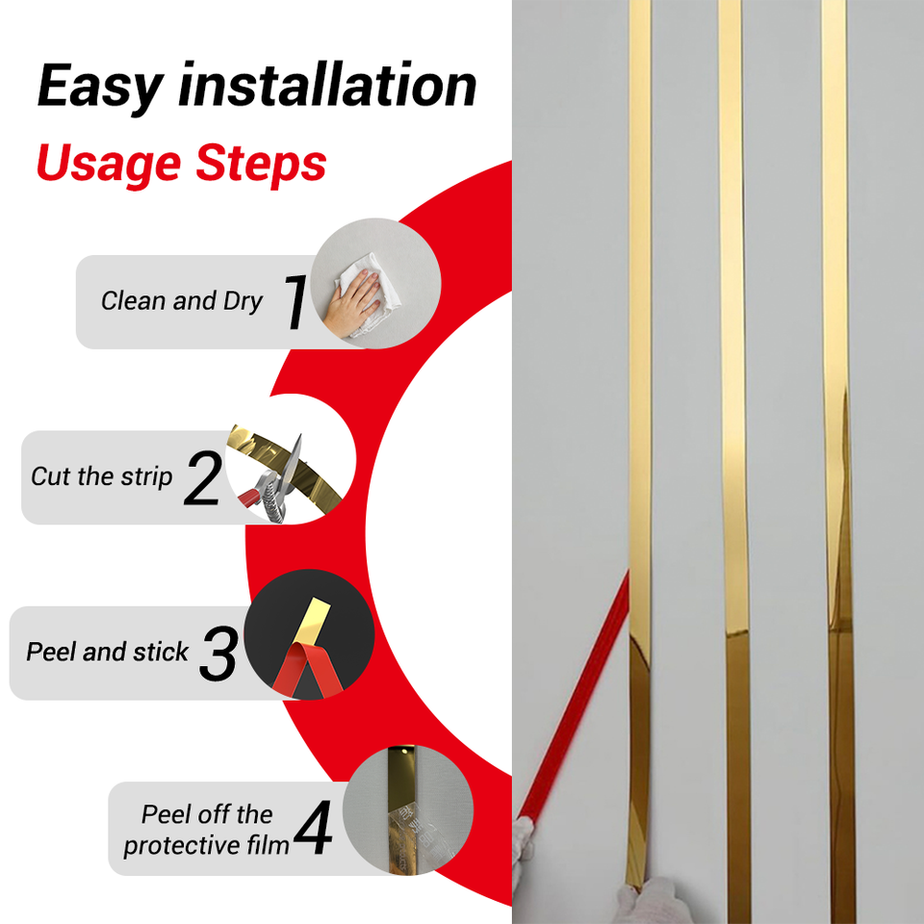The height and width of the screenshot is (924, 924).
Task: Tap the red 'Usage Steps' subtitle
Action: [x=181, y=165]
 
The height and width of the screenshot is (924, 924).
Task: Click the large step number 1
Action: [x=295, y=301]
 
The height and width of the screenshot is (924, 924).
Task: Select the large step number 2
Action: [x=203, y=478]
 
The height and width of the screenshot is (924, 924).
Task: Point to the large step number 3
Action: [x=218, y=653]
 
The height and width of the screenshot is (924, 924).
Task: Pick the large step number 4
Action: [x=313, y=828]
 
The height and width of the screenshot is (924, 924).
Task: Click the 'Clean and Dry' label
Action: [x=182, y=301]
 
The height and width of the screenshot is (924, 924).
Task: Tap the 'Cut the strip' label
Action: [x=101, y=476]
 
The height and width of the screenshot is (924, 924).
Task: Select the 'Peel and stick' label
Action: [x=107, y=652]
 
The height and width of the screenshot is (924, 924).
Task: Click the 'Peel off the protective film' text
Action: [x=206, y=830]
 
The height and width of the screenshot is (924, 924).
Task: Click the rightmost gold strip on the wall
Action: [x=838, y=462]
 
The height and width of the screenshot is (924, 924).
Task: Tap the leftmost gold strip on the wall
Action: [x=640, y=442]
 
